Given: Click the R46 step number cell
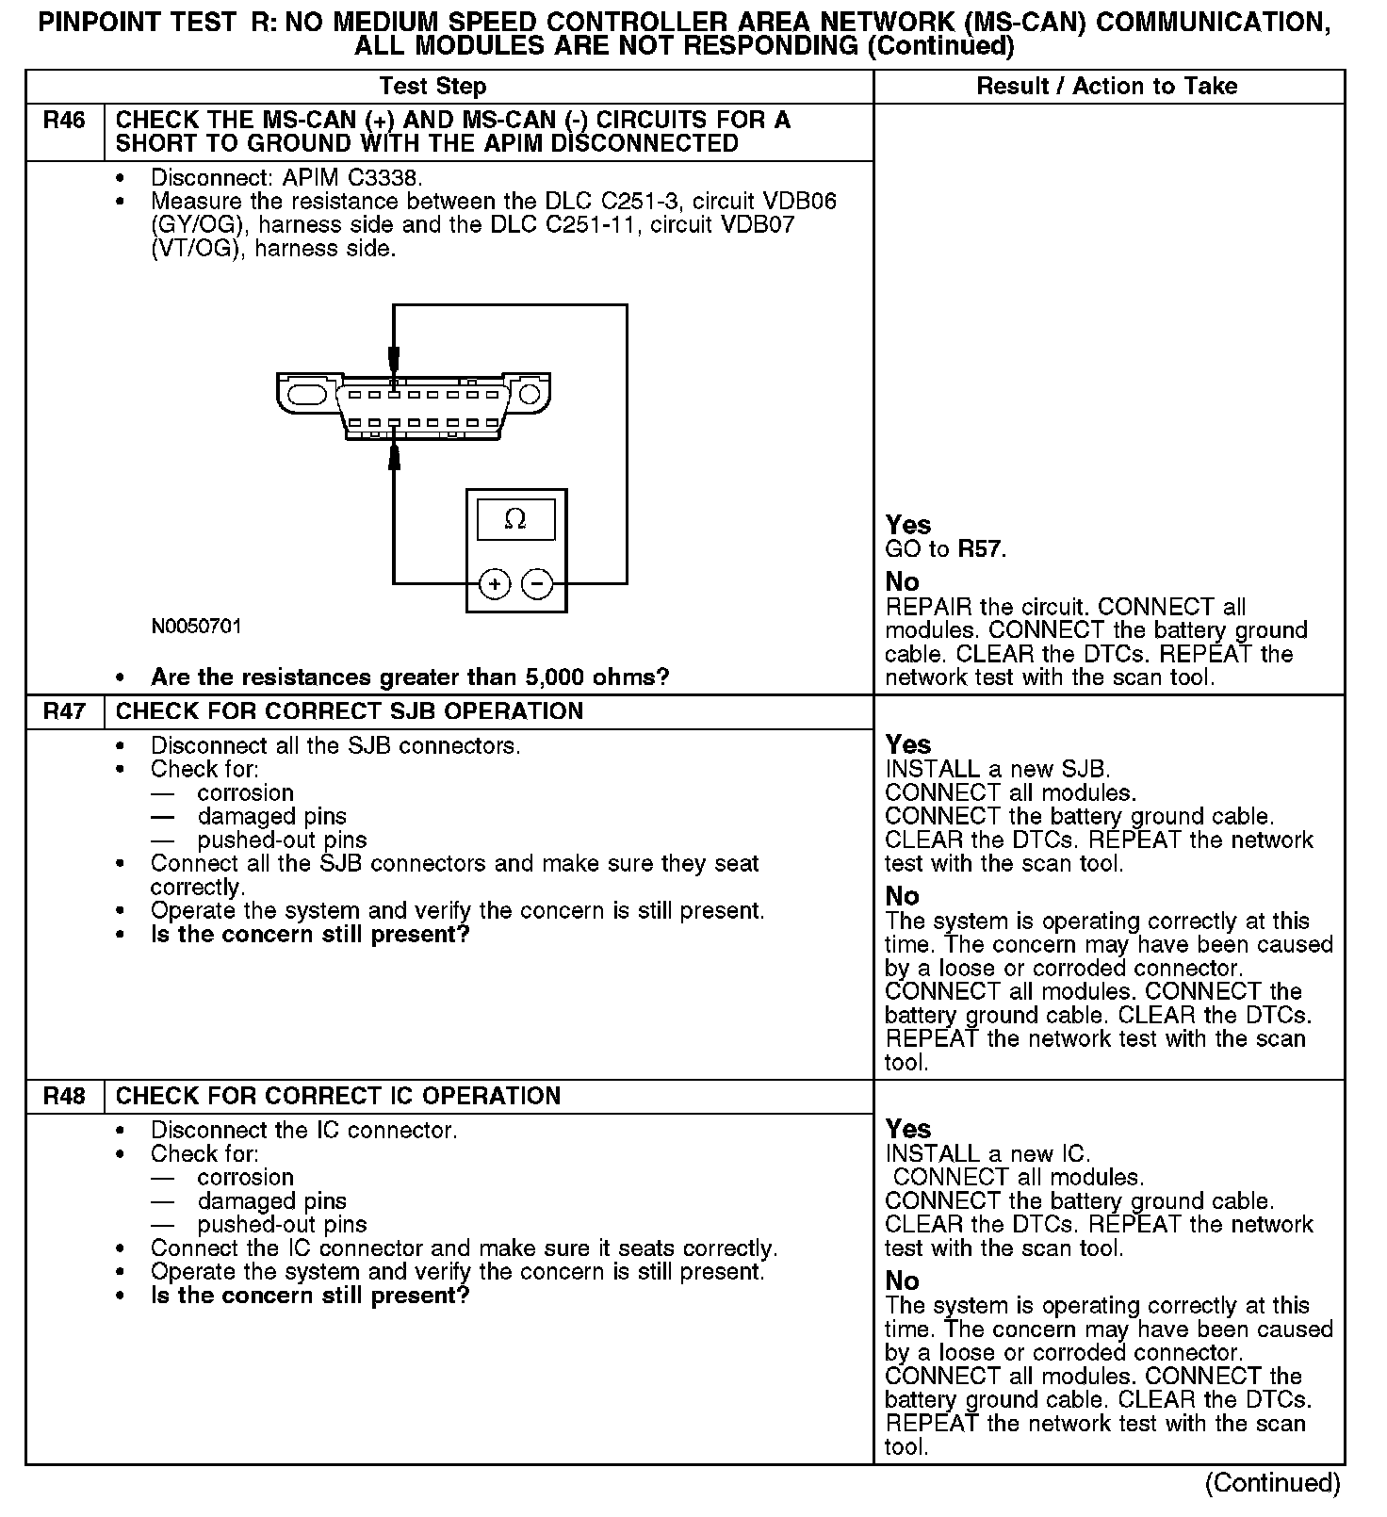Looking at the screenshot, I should [x=64, y=121].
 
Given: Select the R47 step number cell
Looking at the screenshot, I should [x=64, y=711].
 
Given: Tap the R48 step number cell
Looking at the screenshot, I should [x=64, y=1096].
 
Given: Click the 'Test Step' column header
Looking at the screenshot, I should [x=432, y=87].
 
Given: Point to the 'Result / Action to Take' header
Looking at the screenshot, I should [x=1107, y=87].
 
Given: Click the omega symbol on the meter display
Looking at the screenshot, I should [x=515, y=519].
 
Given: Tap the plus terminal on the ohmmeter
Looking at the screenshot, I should [x=495, y=584].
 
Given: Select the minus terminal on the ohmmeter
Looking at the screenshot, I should [x=537, y=584].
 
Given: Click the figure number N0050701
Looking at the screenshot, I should [x=196, y=627].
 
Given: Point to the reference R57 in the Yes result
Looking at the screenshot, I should [x=981, y=549].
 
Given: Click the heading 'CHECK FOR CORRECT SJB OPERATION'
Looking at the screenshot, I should [x=350, y=711].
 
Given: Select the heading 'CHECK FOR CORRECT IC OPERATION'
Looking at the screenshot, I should [x=338, y=1096].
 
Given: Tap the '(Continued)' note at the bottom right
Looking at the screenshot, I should [x=1272, y=1483].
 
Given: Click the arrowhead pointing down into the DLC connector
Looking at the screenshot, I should [x=394, y=360].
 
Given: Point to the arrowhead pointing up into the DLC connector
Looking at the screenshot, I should [x=394, y=457].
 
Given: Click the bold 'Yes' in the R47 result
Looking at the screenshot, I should [x=908, y=745].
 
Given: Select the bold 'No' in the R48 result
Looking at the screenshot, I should [x=903, y=1280].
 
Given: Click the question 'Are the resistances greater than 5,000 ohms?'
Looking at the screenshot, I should [x=410, y=677].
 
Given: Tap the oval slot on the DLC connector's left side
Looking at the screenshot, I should [x=307, y=393].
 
